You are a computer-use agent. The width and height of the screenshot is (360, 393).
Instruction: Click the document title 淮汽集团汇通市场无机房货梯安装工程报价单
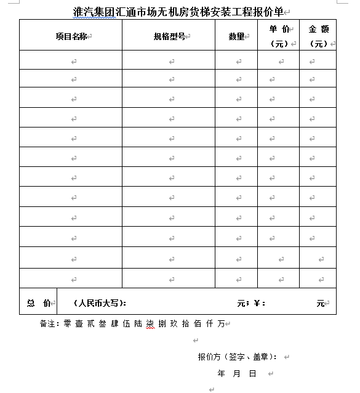[x=178, y=12]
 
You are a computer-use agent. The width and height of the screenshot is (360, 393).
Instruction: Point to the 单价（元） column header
[x=279, y=36]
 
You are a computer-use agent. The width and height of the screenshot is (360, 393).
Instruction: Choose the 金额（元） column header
[x=318, y=36]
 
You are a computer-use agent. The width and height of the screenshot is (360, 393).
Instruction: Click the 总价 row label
[x=38, y=303]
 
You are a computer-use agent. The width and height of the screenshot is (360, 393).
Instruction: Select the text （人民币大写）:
[x=100, y=303]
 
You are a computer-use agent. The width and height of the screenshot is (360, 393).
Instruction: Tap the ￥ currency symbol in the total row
[x=257, y=303]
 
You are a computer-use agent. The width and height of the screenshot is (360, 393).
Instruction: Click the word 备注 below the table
[x=48, y=323]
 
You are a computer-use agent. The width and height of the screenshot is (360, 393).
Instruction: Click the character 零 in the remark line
[x=68, y=323]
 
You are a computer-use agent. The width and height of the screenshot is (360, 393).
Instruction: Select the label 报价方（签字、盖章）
[x=237, y=357]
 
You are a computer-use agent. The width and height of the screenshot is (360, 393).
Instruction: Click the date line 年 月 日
[x=237, y=374]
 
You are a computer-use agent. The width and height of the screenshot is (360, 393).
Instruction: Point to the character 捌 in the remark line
[x=162, y=323]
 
